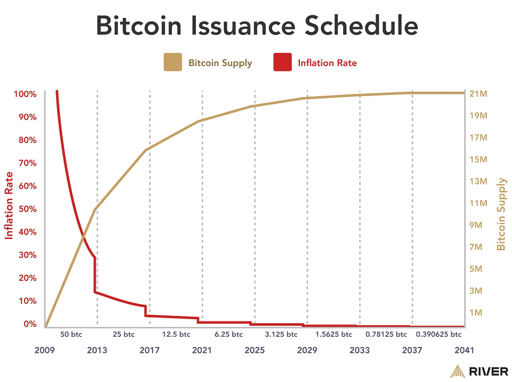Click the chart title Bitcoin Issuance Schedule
click(256, 26)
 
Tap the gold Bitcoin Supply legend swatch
click(172, 62)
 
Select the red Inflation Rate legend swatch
click(282, 62)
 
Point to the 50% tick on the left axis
click(26, 209)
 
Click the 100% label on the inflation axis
click(25, 93)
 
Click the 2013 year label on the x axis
click(97, 350)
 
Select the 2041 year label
click(464, 350)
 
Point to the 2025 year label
click(255, 350)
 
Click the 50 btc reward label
click(71, 334)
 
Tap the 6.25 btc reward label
click(228, 334)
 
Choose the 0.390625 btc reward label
click(439, 334)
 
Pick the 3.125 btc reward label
click(281, 334)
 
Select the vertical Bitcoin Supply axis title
click(502, 214)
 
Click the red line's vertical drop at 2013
click(95, 275)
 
